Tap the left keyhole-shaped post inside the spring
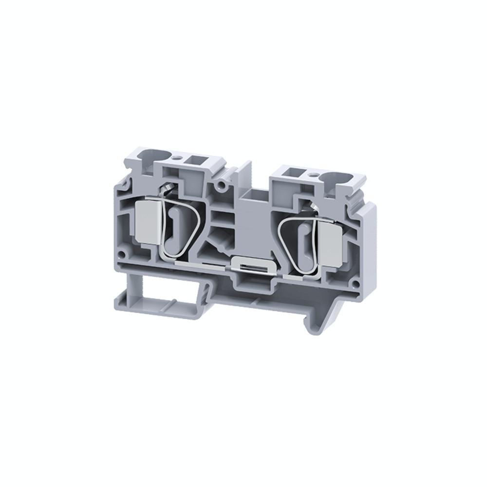pos(174,224)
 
